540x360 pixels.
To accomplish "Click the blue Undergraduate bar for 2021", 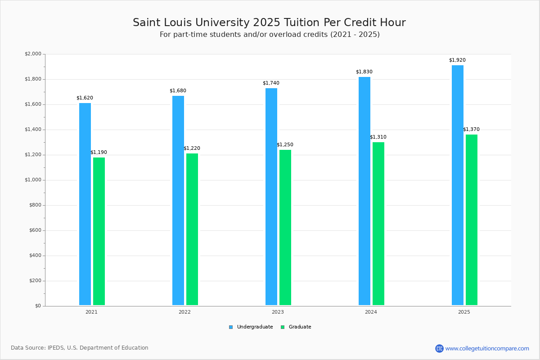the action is click(85, 204).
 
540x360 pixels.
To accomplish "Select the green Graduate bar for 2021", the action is click(99, 231).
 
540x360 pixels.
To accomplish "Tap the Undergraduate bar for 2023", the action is click(271, 197).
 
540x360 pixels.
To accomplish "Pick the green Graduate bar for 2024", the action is click(378, 224).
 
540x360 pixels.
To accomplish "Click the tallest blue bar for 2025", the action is click(458, 185).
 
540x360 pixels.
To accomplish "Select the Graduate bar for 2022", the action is click(192, 229).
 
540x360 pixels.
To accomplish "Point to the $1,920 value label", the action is click(457, 60).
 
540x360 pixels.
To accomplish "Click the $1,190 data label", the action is click(99, 152).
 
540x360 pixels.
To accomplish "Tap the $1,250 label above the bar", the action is click(285, 145).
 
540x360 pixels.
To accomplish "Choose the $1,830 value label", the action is click(364, 72).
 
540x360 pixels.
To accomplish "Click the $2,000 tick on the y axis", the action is click(33, 54).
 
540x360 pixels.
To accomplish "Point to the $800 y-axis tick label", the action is click(35, 205).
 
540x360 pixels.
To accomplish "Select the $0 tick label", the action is click(38, 306).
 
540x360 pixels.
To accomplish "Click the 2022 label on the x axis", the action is click(184, 312).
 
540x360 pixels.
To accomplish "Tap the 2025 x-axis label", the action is click(464, 312).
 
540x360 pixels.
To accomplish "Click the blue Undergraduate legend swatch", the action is click(231, 327).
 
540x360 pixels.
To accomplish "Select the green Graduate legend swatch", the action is click(283, 327).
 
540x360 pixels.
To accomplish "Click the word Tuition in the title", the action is click(302, 22).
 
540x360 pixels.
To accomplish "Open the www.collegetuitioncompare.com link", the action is click(487, 348).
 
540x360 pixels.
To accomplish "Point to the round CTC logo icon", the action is click(439, 348).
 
